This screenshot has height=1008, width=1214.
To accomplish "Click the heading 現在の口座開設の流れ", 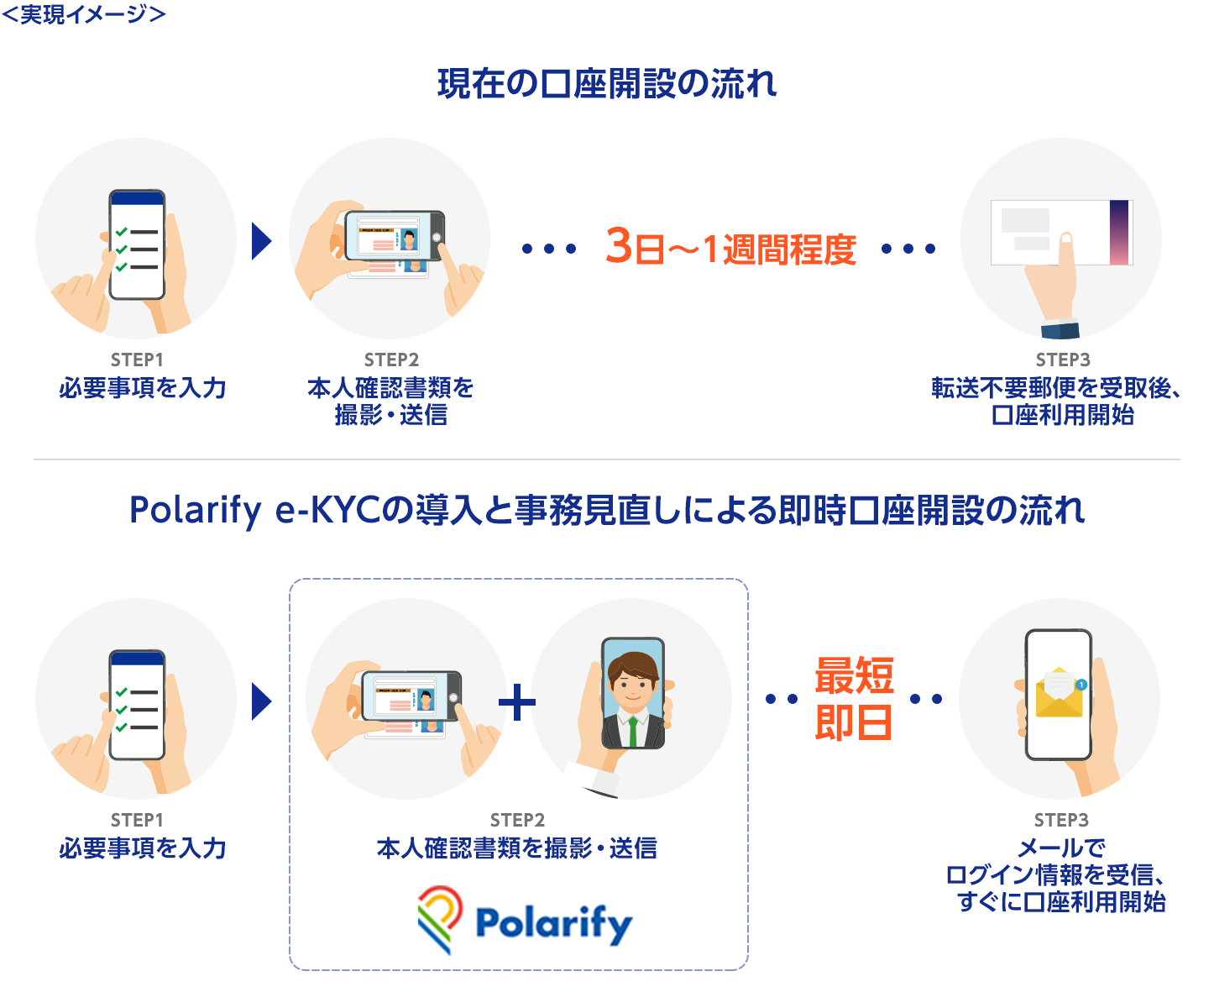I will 607,84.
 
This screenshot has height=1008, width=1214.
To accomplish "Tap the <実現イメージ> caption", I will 84,14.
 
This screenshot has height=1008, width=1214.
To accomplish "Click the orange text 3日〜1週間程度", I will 730,248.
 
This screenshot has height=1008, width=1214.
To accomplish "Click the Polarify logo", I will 525,921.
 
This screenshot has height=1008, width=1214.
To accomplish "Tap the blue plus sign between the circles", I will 517,702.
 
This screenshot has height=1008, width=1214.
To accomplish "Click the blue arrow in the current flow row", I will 262,241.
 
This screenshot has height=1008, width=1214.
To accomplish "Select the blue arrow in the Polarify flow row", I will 262,701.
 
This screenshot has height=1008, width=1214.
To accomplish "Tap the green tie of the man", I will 633,731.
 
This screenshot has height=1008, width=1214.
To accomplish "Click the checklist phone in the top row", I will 137,244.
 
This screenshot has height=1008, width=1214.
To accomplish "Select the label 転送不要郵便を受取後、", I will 1056,388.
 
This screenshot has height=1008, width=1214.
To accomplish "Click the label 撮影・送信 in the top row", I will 390,415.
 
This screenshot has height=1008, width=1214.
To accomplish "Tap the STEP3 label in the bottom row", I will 1061,820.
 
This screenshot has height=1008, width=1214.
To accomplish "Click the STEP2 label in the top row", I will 391,360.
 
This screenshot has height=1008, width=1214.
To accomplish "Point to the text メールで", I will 1061,848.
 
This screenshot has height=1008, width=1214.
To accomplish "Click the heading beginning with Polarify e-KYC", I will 607,511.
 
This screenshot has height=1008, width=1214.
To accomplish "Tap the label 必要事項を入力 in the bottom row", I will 143,848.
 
